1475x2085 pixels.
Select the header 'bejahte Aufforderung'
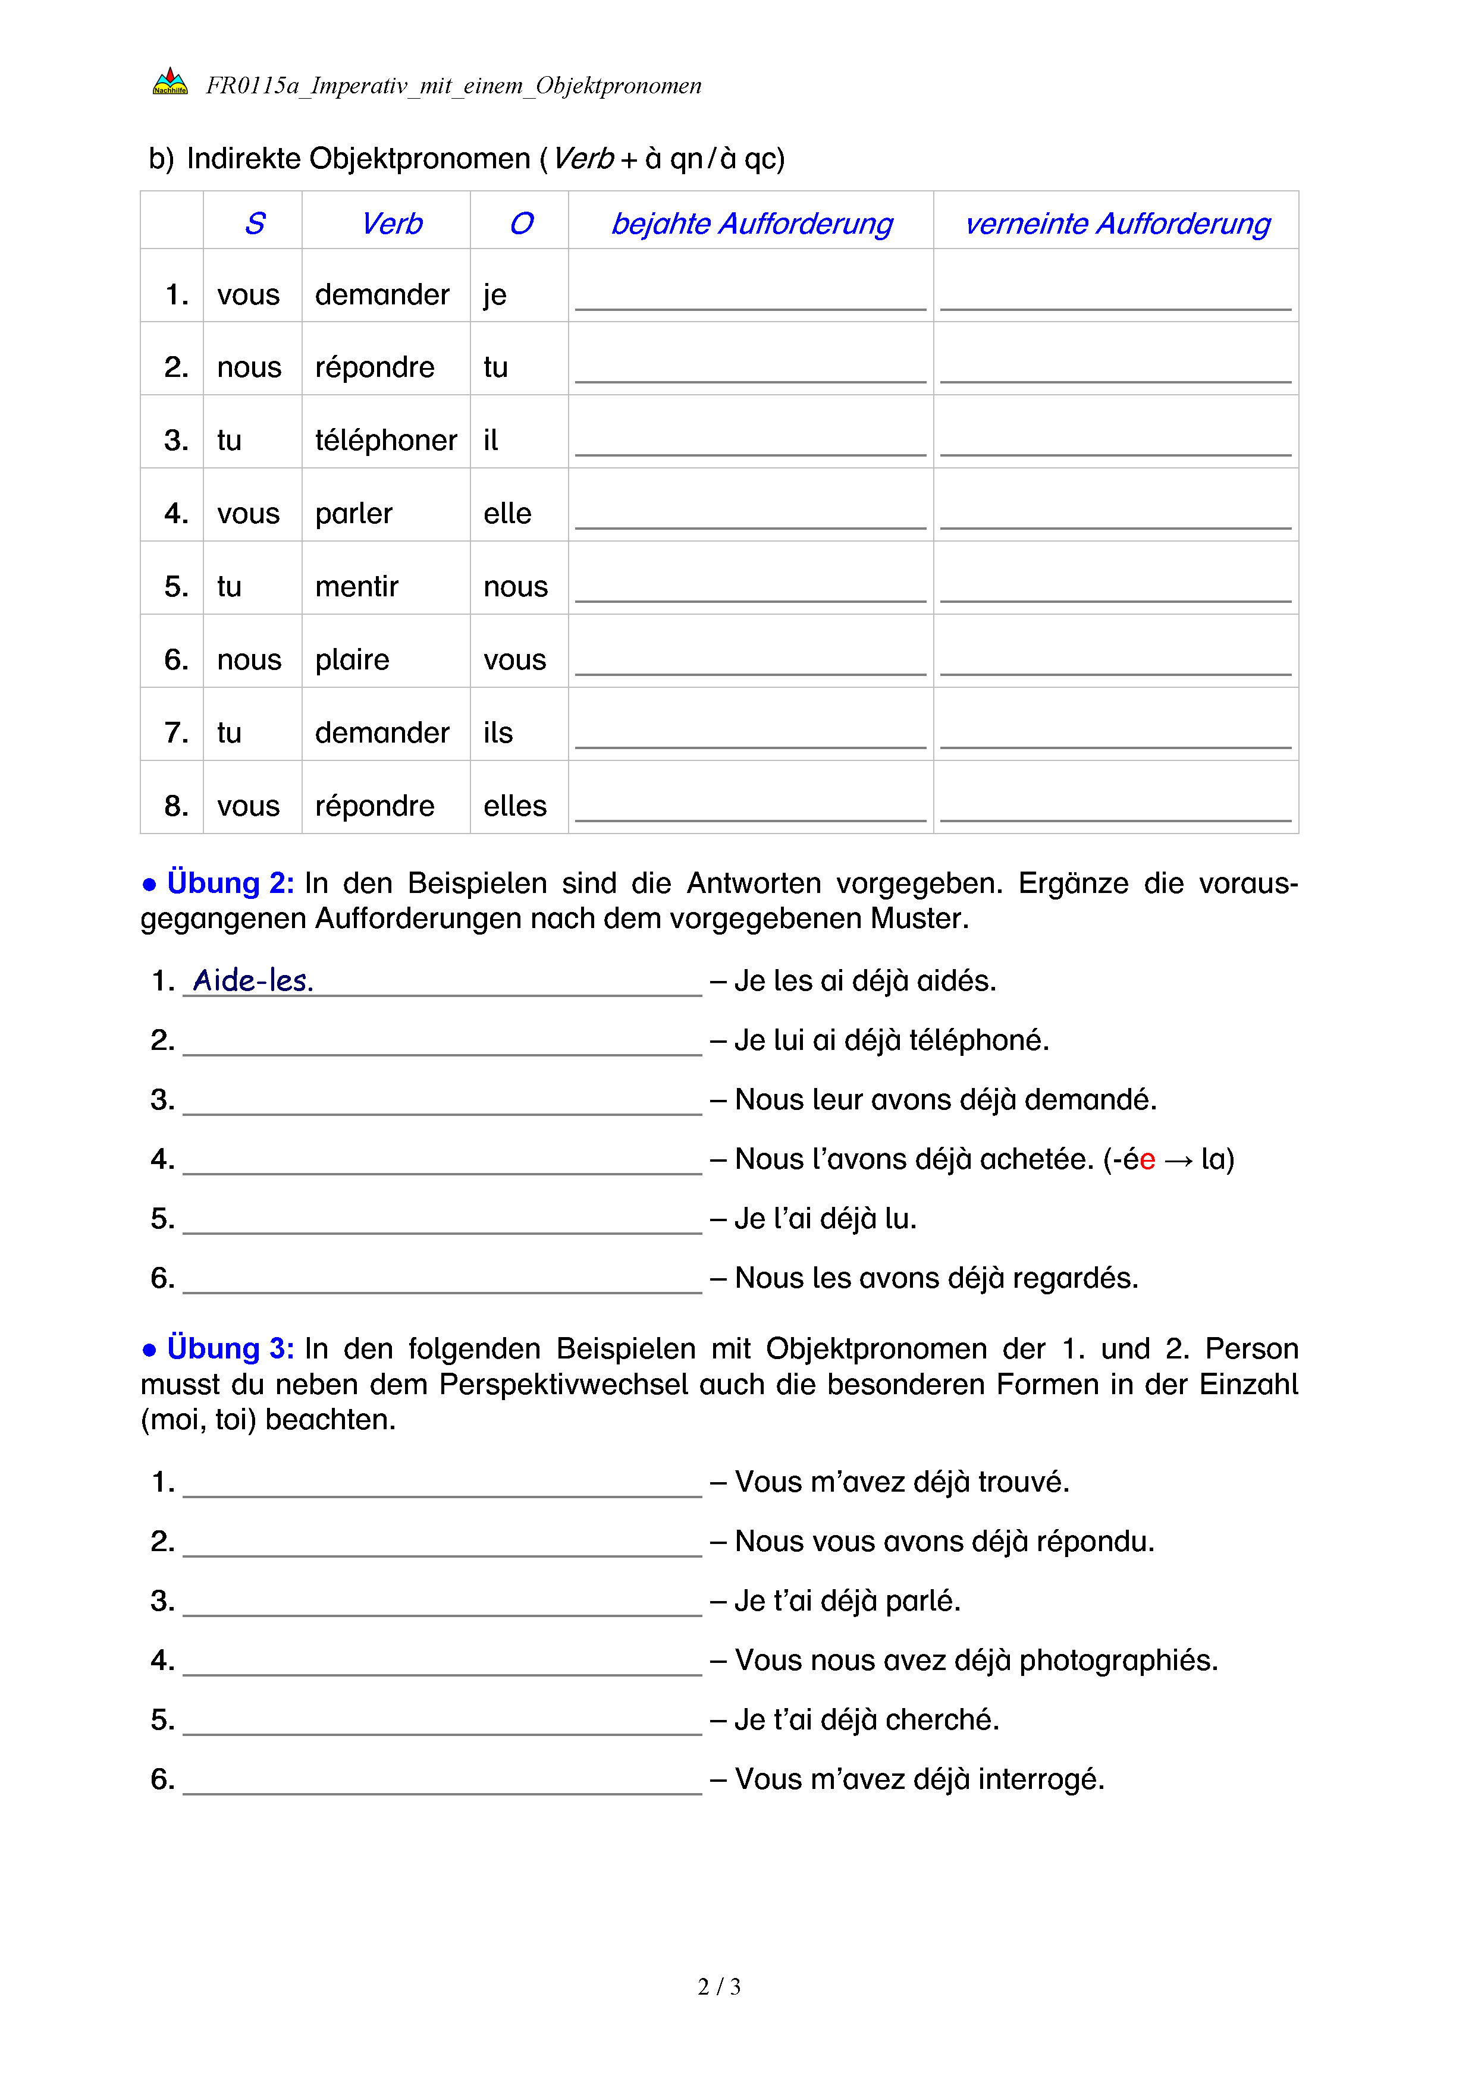751,224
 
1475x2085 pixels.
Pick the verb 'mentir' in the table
356,587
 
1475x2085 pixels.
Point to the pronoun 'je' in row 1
494,295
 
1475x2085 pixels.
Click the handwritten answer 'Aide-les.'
253,981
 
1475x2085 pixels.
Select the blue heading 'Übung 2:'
230,883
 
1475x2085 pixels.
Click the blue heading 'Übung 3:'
230,1348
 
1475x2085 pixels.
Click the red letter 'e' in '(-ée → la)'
1147,1160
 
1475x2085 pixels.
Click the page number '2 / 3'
718,1987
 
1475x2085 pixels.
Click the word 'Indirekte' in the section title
243,159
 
